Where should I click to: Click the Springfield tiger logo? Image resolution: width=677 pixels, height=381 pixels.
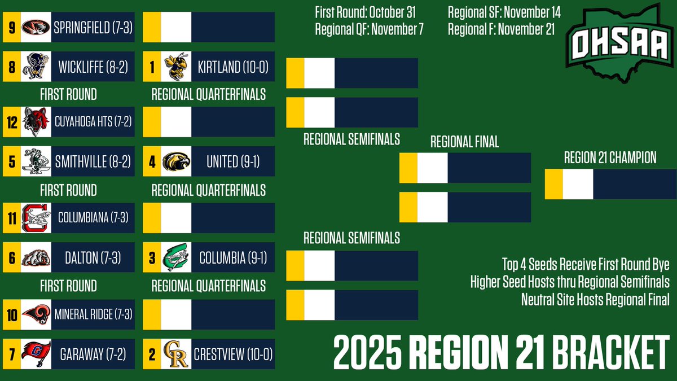pyautogui.click(x=36, y=27)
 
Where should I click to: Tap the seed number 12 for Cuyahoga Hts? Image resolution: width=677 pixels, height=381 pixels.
pyautogui.click(x=12, y=122)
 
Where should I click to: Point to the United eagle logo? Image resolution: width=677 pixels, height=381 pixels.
pyautogui.click(x=175, y=162)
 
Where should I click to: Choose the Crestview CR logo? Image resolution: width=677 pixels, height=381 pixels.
pyautogui.click(x=175, y=354)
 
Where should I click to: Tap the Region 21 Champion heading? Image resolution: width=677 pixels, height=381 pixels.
pyautogui.click(x=610, y=158)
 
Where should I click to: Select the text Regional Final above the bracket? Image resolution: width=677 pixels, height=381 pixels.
pyautogui.click(x=464, y=142)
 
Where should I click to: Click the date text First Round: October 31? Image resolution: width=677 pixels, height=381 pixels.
pyautogui.click(x=369, y=12)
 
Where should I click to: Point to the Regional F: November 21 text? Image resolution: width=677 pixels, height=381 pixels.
pyautogui.click(x=500, y=29)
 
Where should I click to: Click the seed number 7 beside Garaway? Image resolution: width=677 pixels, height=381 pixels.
pyautogui.click(x=12, y=354)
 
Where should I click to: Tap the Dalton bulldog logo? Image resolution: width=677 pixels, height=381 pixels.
pyautogui.click(x=36, y=259)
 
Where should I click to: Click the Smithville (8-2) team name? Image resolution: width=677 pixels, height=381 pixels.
pyautogui.click(x=93, y=162)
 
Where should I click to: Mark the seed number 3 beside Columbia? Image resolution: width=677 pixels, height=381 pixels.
pyautogui.click(x=151, y=259)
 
